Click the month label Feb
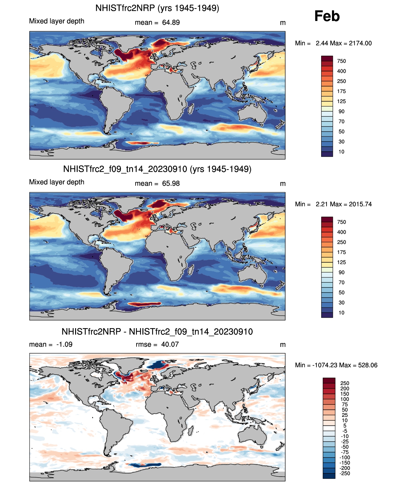tap(327, 16)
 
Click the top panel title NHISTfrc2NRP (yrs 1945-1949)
tap(157, 8)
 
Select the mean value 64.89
tap(171, 23)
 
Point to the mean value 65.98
tap(171, 183)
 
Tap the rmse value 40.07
tap(170, 344)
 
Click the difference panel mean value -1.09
tap(64, 344)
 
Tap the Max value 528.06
tap(368, 365)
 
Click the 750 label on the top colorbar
tap(342, 61)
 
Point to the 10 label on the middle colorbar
tap(342, 313)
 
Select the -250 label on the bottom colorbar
tap(345, 473)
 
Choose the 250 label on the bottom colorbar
tap(345, 383)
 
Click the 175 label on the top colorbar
tap(342, 91)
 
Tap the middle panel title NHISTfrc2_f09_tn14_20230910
tap(157, 169)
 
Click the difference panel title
tap(157, 332)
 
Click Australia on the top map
tap(252, 114)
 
